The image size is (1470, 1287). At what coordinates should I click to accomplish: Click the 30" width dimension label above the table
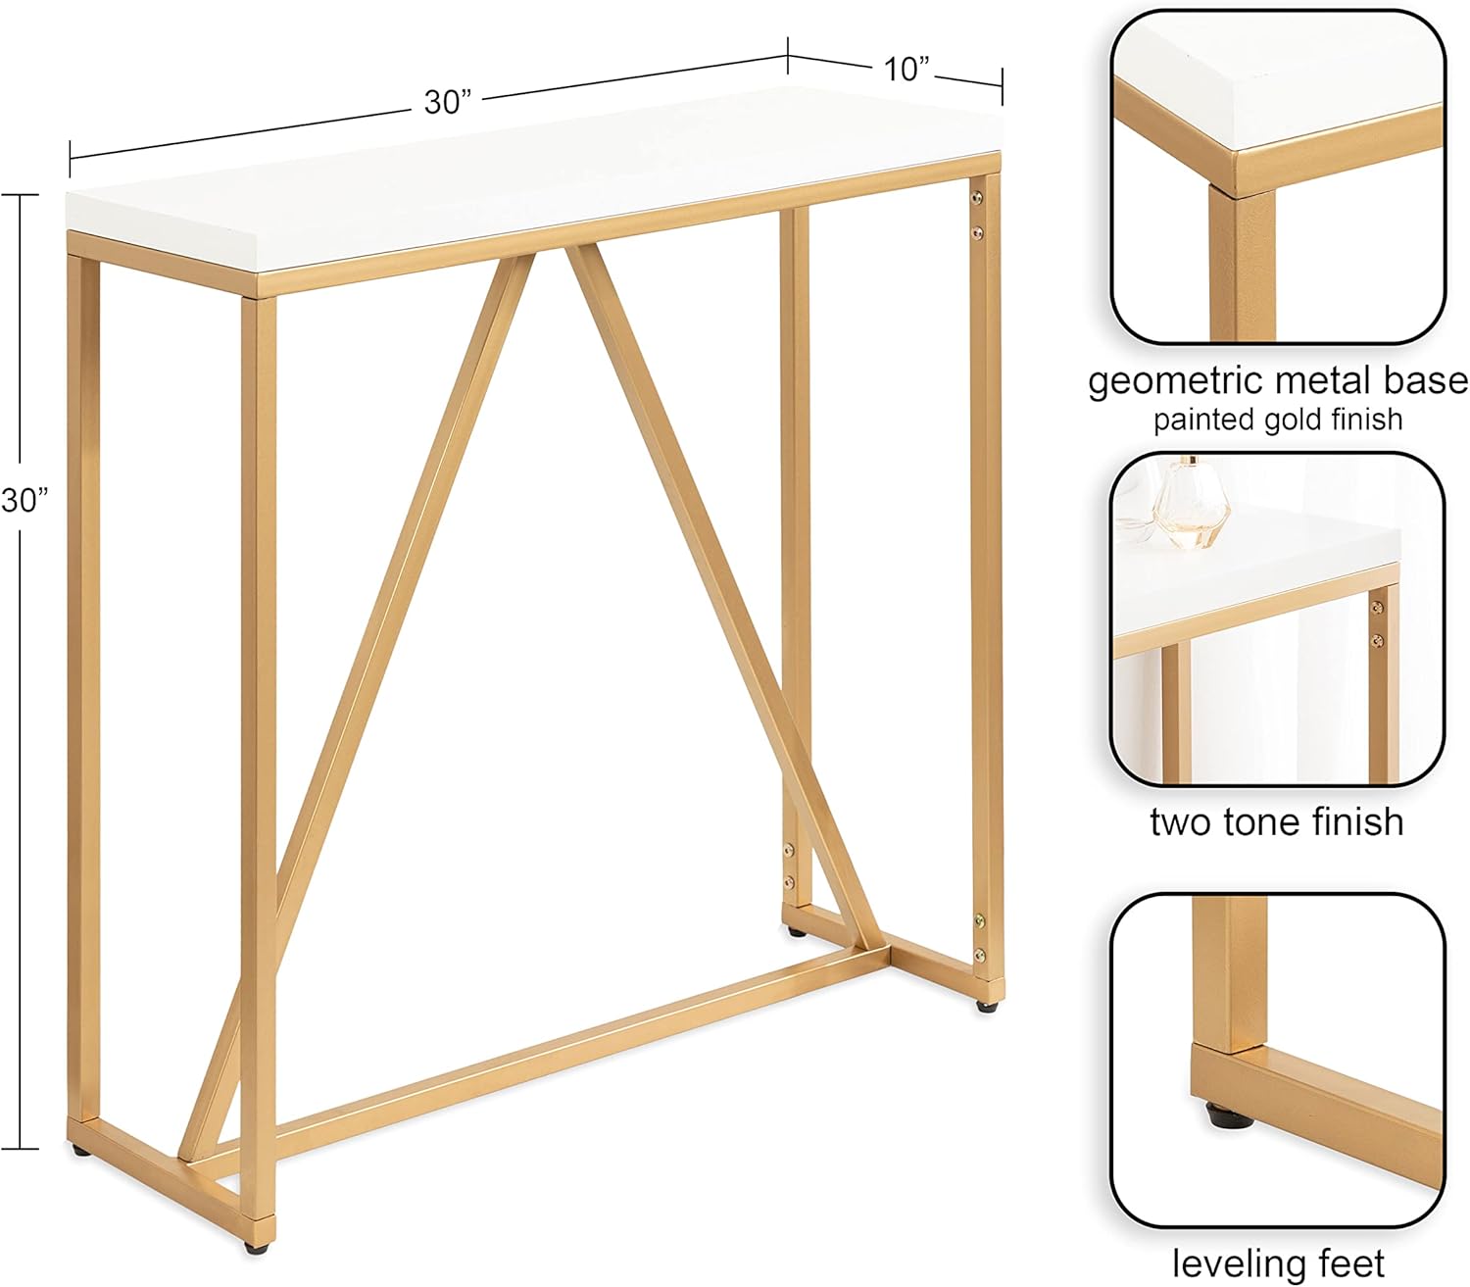[x=448, y=102]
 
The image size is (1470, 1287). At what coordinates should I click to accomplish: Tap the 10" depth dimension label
[x=906, y=70]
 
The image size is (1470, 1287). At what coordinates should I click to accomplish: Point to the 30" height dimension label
[x=24, y=500]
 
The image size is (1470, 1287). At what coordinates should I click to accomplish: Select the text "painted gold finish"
[x=1277, y=421]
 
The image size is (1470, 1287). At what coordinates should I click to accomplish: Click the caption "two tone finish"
[x=1276, y=821]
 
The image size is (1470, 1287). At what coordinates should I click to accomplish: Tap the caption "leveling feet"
[x=1278, y=1264]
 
